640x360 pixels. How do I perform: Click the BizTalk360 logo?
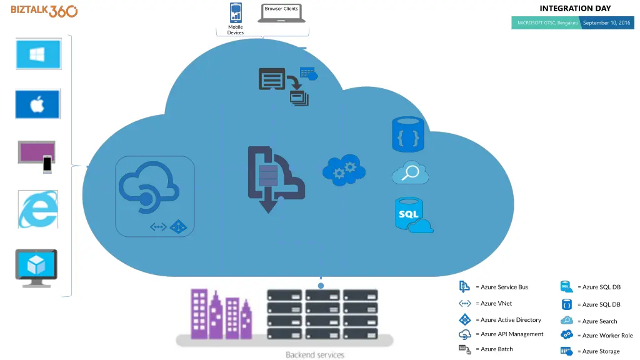(44, 11)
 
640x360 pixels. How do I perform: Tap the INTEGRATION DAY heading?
(575, 9)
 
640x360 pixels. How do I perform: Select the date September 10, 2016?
(606, 23)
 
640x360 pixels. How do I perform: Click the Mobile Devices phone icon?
(236, 12)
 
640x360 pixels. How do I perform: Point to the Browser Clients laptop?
(282, 13)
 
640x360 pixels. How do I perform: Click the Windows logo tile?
(38, 54)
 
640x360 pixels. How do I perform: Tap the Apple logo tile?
(38, 104)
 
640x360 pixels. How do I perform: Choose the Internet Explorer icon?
(38, 209)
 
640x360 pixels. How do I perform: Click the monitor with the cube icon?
(36, 267)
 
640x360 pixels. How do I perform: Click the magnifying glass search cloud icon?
(410, 173)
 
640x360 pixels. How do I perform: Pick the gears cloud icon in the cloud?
(344, 170)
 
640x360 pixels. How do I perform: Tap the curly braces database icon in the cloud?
(407, 134)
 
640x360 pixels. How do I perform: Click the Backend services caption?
(315, 355)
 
